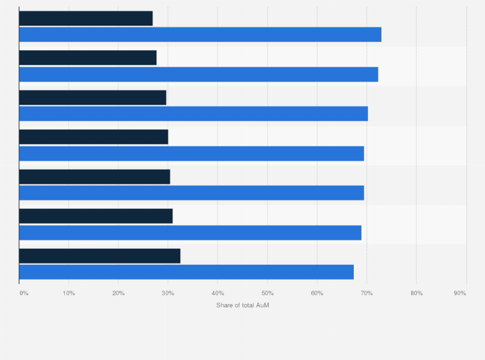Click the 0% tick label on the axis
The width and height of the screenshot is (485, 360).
coord(24,294)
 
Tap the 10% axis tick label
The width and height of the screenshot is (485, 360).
coord(69,294)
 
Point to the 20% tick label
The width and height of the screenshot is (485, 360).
coord(118,294)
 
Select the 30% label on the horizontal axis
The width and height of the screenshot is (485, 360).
coord(168,294)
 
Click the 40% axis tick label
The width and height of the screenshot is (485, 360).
coord(217,294)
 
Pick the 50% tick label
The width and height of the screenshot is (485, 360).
coord(268,294)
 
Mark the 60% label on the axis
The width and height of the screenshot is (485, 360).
coord(317,294)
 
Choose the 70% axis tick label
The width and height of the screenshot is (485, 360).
coord(367,294)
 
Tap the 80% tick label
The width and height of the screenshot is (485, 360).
coord(416,294)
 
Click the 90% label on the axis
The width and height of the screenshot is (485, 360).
coord(460,294)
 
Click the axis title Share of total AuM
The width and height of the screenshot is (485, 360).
coord(243,305)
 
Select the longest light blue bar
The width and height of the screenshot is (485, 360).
coord(200,35)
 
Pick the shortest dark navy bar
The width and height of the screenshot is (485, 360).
coord(86,18)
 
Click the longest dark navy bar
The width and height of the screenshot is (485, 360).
coord(100,256)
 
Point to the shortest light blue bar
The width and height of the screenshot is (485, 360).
coord(187,272)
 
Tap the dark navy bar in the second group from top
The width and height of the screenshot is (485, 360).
coord(87,58)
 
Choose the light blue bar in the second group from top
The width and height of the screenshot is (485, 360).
coord(199,74)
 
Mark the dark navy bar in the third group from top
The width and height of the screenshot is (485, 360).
coord(93,98)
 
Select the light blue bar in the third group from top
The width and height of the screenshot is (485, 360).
coord(194,114)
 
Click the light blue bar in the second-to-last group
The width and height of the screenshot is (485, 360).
coord(190,233)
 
